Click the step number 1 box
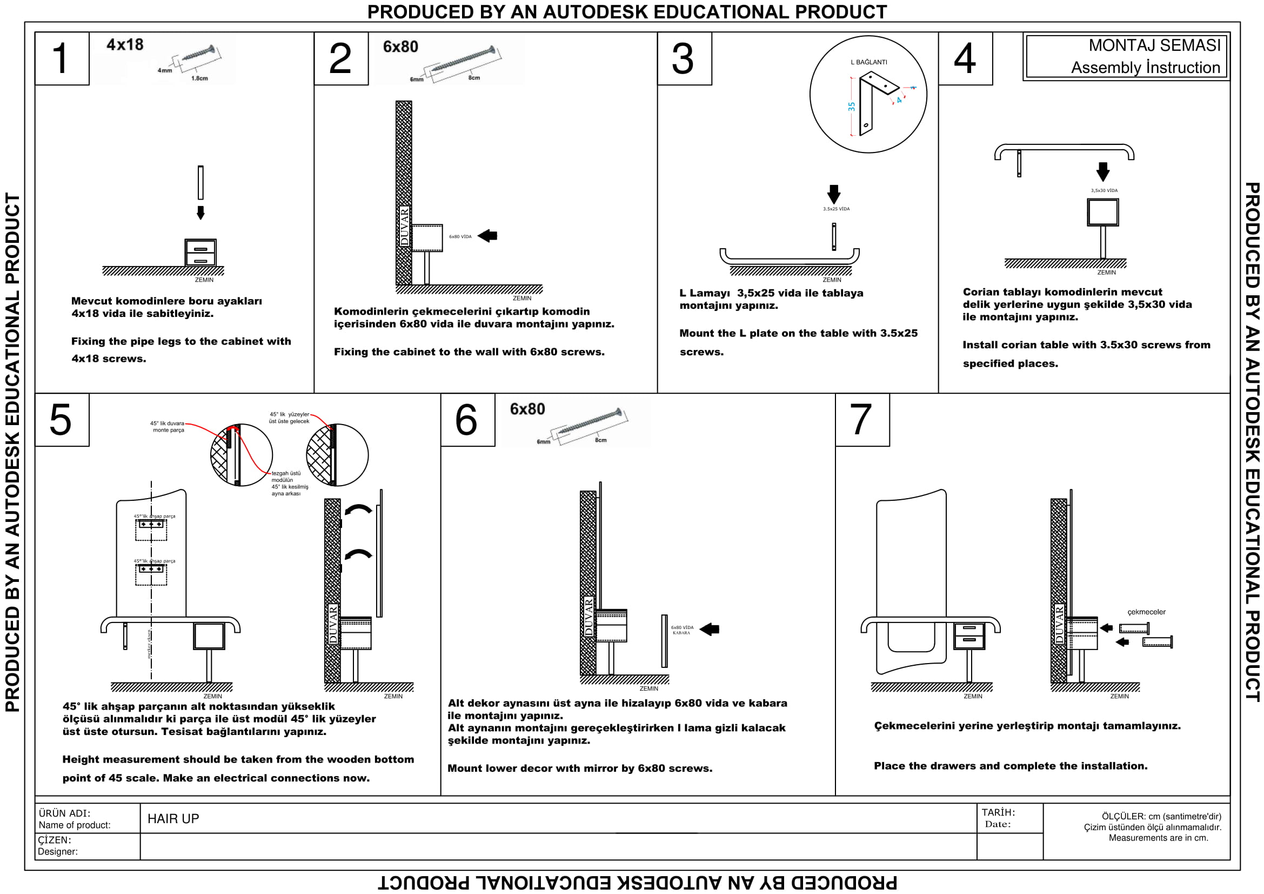(62, 58)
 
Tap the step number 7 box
(861, 420)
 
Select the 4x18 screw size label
(125, 44)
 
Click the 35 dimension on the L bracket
(852, 107)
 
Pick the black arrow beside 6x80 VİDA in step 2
(488, 236)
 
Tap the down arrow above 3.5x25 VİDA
(833, 194)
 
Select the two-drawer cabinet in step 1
(200, 253)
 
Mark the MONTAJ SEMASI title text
(1154, 45)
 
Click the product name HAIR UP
(173, 818)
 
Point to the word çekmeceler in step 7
(1146, 612)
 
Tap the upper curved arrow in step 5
(358, 509)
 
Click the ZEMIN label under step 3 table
(831, 280)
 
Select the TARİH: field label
(998, 812)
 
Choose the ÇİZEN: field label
(55, 840)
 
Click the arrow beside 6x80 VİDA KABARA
(710, 629)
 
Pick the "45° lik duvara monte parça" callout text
(168, 427)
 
